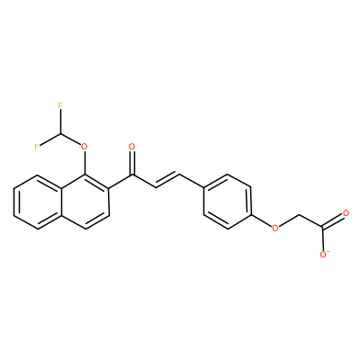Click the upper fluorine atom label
(x=60, y=105)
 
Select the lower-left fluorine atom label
(x=37, y=147)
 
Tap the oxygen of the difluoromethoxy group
(x=85, y=147)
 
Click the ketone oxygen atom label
(x=132, y=147)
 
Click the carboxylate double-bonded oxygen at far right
(x=346, y=214)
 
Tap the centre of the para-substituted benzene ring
(x=227, y=202)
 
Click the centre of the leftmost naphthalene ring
(x=37, y=202)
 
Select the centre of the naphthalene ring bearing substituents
(x=85, y=202)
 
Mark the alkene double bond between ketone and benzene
(x=167, y=180)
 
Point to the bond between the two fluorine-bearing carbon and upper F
(x=60, y=121)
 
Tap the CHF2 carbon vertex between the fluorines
(x=60, y=133)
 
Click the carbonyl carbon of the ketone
(x=132, y=175)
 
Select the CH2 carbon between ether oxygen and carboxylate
(x=299, y=215)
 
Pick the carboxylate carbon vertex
(x=322, y=229)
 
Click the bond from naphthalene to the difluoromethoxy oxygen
(x=85, y=163)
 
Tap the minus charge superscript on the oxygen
(x=328, y=253)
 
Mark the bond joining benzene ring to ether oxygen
(x=261, y=221)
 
